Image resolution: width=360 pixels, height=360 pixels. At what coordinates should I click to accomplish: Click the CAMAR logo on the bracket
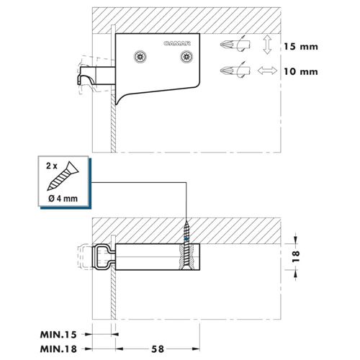pyautogui.click(x=177, y=43)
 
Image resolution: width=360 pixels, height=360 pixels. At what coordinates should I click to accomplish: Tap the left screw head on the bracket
pyautogui.click(x=140, y=57)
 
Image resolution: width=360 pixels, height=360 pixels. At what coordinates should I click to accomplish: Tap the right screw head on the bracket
pyautogui.click(x=186, y=57)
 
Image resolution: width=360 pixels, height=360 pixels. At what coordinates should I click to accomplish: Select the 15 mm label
pyautogui.click(x=301, y=47)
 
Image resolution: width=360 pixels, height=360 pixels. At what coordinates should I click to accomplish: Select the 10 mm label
pyautogui.click(x=301, y=71)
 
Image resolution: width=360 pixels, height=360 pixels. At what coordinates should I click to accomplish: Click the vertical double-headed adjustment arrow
pyautogui.click(x=267, y=45)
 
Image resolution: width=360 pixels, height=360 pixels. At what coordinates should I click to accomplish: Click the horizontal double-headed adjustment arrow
pyautogui.click(x=267, y=71)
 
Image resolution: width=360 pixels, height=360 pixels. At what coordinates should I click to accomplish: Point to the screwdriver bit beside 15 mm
pyautogui.click(x=235, y=44)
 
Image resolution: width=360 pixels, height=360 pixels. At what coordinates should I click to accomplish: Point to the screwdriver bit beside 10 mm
pyautogui.click(x=235, y=71)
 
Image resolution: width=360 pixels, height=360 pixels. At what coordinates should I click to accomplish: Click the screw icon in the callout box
pyautogui.click(x=63, y=176)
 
